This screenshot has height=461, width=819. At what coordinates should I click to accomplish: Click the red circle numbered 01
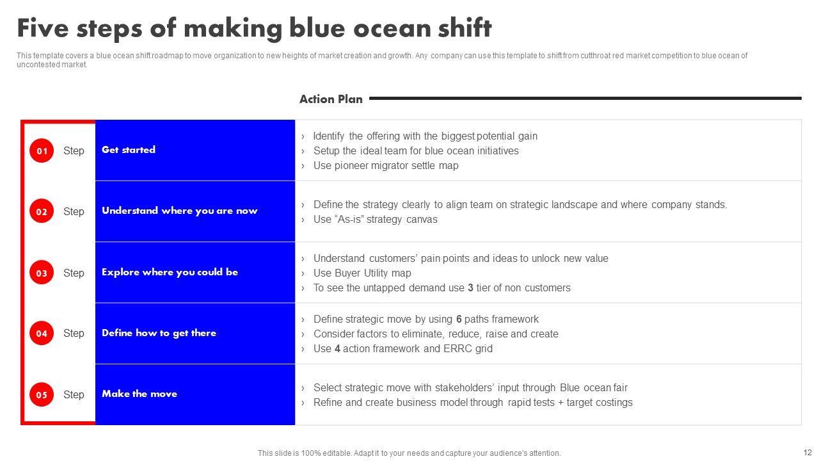pos(42,150)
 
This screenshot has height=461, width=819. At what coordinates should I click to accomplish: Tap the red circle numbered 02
pos(42,211)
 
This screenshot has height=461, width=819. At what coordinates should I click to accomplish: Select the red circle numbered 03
pos(42,273)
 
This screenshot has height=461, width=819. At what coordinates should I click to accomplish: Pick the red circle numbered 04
pos(42,333)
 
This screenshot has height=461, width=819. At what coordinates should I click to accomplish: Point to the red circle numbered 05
pos(42,394)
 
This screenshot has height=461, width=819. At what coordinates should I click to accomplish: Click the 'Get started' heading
pos(129,150)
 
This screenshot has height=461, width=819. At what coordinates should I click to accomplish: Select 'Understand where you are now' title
pos(180,211)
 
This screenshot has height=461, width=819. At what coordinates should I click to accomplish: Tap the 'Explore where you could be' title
pos(170,272)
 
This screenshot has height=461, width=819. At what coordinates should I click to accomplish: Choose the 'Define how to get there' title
pos(159,333)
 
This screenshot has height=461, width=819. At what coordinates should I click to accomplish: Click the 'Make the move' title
pos(139,394)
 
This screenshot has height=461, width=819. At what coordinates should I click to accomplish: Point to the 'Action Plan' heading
pos(331,99)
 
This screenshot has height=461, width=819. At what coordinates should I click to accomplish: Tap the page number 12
pos(807,453)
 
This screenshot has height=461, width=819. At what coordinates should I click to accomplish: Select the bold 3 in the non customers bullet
pos(470,288)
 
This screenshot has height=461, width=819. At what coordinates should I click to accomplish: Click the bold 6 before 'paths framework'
pos(459,319)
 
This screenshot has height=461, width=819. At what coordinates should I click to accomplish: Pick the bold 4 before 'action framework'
pos(337,349)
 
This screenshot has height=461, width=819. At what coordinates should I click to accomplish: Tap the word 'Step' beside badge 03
pos(74,273)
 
